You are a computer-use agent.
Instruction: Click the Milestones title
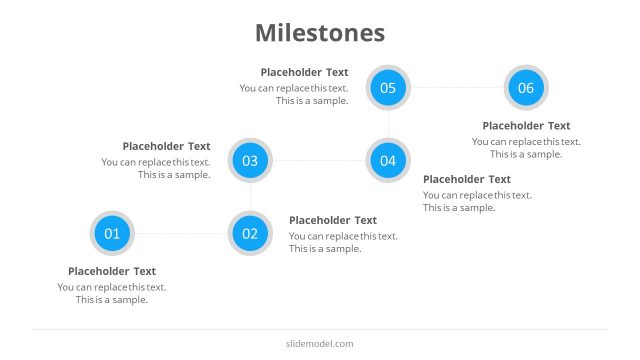pyautogui.click(x=320, y=33)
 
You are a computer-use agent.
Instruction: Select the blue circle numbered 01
pyautogui.click(x=112, y=234)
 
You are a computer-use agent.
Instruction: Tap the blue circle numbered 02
pyautogui.click(x=250, y=234)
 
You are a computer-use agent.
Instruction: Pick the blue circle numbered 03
pyautogui.click(x=250, y=160)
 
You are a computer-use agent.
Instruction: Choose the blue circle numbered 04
pyautogui.click(x=388, y=160)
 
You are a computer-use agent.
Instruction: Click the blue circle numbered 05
pyautogui.click(x=388, y=88)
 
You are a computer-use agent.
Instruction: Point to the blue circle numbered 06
pyautogui.click(x=526, y=88)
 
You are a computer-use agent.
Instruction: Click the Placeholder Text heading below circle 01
pyautogui.click(x=112, y=271)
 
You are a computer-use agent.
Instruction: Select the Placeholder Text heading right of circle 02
pyautogui.click(x=333, y=220)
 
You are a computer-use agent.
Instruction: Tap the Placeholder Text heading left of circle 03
pyautogui.click(x=166, y=146)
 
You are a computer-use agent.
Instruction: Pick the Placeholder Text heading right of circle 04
pyautogui.click(x=467, y=179)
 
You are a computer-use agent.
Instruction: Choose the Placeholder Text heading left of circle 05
pyautogui.click(x=304, y=72)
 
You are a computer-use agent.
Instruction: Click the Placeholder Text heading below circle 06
pyautogui.click(x=526, y=126)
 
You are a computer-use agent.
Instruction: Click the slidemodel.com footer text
pyautogui.click(x=320, y=344)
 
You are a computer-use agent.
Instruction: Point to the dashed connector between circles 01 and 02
pyautogui.click(x=181, y=234)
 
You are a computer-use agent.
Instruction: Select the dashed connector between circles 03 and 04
pyautogui.click(x=319, y=160)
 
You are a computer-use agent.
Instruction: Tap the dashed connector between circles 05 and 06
pyautogui.click(x=457, y=88)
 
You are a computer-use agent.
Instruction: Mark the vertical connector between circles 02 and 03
pyautogui.click(x=250, y=197)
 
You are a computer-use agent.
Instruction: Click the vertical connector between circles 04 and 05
pyautogui.click(x=388, y=124)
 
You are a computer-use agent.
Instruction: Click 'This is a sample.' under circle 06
pyautogui.click(x=526, y=154)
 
